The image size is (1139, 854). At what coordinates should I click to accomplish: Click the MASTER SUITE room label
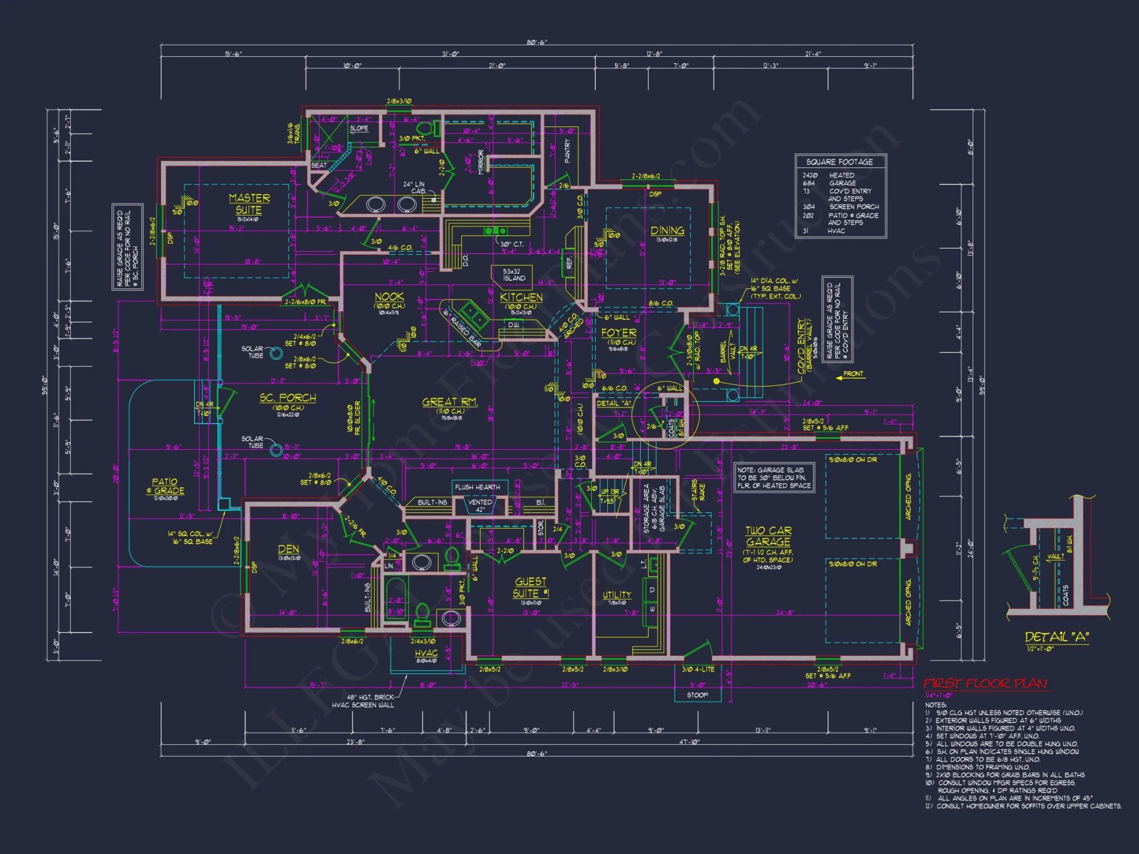249,204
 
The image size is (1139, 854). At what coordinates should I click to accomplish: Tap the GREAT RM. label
450,402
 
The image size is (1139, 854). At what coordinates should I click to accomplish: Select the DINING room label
667,230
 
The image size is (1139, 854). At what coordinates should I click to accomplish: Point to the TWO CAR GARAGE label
768,536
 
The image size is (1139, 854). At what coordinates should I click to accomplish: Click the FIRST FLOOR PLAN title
985,683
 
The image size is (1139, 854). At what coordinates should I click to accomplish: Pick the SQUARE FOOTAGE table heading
839,162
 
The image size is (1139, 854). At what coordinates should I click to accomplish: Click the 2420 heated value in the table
810,175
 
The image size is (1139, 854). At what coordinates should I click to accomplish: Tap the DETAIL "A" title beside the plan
1056,637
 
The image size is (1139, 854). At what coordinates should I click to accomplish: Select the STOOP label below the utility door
697,695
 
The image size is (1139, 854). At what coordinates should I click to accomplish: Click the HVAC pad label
426,653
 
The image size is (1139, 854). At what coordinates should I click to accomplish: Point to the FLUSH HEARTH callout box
477,487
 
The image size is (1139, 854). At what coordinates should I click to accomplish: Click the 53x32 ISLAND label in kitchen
512,275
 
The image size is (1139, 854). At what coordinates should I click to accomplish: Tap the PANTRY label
567,151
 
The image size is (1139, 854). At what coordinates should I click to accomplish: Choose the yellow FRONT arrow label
853,374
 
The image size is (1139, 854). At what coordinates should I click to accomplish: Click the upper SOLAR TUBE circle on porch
276,354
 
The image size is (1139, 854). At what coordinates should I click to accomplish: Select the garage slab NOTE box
773,478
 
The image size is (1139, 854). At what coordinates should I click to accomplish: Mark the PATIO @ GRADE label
165,486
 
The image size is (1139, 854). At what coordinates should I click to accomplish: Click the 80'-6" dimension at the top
536,42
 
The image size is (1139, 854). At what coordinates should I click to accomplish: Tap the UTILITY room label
617,594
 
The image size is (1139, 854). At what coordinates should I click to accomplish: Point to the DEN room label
288,549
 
